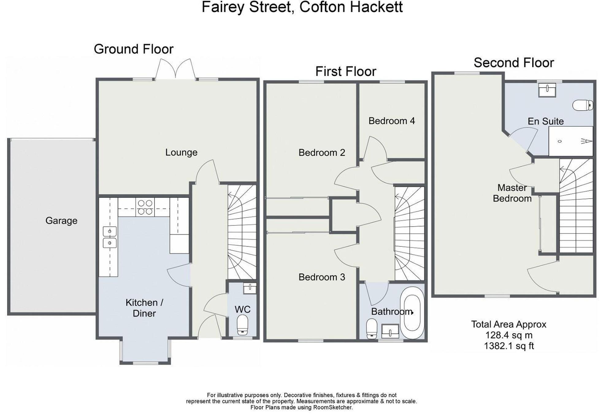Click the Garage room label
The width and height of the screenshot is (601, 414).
pyautogui.click(x=61, y=220)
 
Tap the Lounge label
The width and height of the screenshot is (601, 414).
pyautogui.click(x=181, y=152)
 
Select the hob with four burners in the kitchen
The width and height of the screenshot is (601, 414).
pyautogui.click(x=145, y=207)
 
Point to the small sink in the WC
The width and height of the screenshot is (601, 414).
pyautogui.click(x=250, y=288)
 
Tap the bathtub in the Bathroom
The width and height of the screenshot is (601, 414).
pyautogui.click(x=412, y=313)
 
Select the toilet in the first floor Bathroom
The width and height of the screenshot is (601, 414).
pyautogui.click(x=372, y=329)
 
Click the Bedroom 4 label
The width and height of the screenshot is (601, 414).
pyautogui.click(x=392, y=121)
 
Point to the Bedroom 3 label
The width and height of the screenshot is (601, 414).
pyautogui.click(x=322, y=277)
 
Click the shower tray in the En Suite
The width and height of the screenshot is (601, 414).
pyautogui.click(x=570, y=141)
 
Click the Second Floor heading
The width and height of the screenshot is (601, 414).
pyautogui.click(x=514, y=63)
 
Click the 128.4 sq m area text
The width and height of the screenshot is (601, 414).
pyautogui.click(x=509, y=335)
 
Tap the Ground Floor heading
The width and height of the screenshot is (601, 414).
pyautogui.click(x=133, y=49)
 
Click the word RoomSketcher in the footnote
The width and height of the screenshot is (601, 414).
pyautogui.click(x=332, y=408)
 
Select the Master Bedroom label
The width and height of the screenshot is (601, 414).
pyautogui.click(x=512, y=193)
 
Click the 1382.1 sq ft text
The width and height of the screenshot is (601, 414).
pyautogui.click(x=509, y=346)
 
